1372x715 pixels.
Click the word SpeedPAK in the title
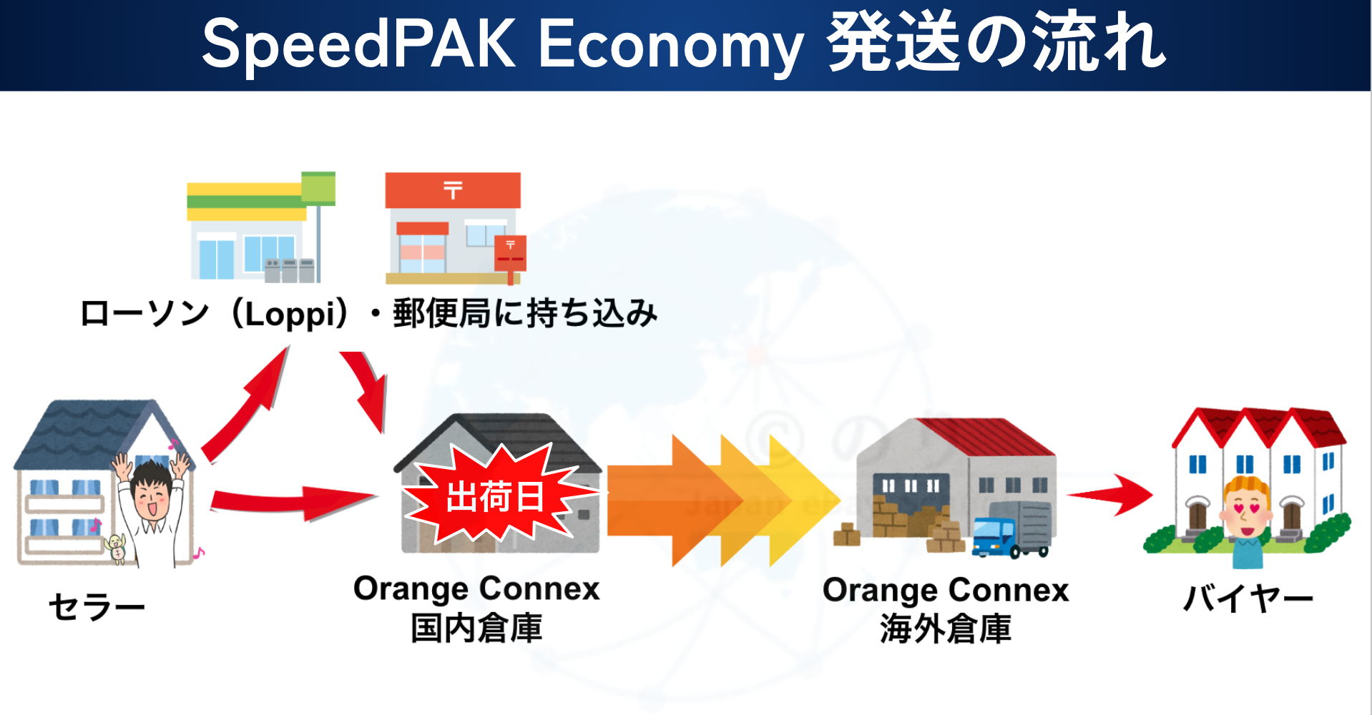click(x=358, y=44)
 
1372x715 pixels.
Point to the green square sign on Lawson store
click(x=318, y=187)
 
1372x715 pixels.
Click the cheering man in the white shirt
click(x=152, y=508)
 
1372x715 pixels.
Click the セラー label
click(x=97, y=607)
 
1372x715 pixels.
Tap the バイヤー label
click(x=1248, y=598)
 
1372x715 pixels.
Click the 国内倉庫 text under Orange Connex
click(x=476, y=628)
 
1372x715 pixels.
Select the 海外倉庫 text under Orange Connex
click(x=946, y=629)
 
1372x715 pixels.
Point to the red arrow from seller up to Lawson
click(x=247, y=404)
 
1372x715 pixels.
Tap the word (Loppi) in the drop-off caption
click(x=290, y=314)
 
